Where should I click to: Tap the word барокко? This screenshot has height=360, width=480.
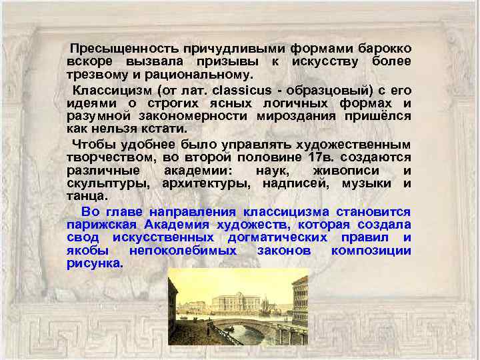(385, 49)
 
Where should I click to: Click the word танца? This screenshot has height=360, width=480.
(86, 196)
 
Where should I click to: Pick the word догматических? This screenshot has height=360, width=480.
(277, 237)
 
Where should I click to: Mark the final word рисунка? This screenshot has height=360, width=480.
(95, 263)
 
